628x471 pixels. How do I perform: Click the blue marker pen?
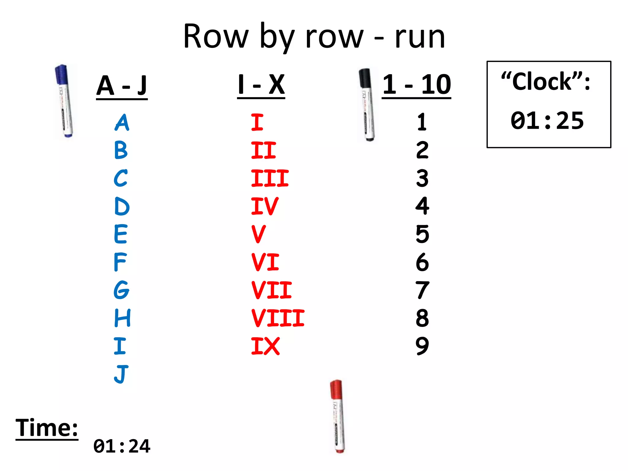tap(64, 101)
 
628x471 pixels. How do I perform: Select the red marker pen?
tap(337, 416)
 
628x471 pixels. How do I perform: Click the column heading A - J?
tap(122, 86)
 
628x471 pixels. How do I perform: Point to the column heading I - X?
tap(261, 85)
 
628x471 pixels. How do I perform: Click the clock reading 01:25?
tap(547, 121)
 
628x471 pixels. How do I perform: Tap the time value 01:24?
tap(122, 446)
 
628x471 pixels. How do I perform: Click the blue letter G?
tap(121, 290)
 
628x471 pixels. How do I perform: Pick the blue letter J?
tap(121, 374)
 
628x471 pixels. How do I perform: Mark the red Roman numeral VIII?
tap(278, 318)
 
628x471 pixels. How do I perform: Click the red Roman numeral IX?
tap(265, 346)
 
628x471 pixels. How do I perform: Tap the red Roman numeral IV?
tap(265, 206)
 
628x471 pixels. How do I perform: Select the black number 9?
tap(422, 346)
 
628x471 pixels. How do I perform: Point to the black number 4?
tap(422, 206)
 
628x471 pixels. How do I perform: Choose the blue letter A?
tap(122, 123)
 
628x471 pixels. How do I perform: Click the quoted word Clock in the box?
tap(542, 82)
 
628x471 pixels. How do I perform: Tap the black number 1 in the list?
tap(422, 122)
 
